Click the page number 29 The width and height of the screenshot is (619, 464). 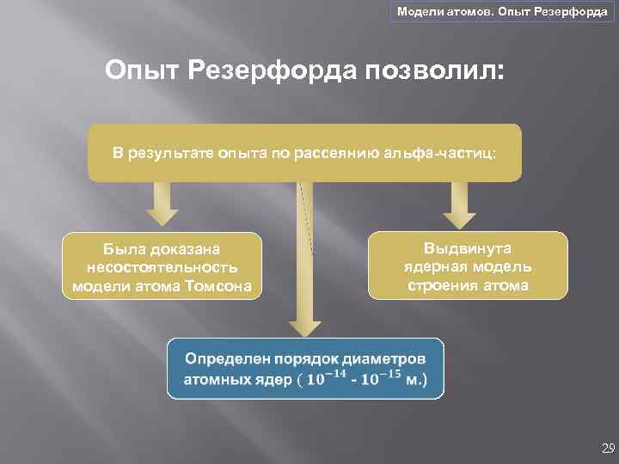pos(608,448)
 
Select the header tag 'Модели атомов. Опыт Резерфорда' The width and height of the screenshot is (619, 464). pos(502,12)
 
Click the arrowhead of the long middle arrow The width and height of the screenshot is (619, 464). pos(305,323)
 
